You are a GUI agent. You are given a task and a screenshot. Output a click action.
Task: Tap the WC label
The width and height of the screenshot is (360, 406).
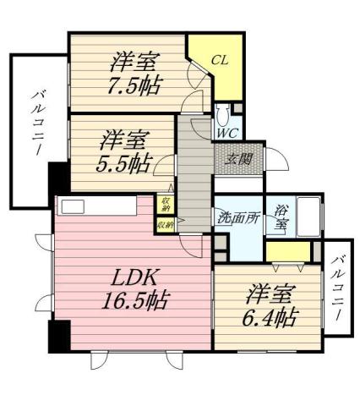(226, 132)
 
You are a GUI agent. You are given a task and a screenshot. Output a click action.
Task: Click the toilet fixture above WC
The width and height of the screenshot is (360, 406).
(224, 114)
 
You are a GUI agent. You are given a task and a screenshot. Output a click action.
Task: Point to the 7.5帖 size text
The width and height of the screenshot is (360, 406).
(134, 85)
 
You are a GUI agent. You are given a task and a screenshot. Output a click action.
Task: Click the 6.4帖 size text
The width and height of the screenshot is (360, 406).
(271, 317)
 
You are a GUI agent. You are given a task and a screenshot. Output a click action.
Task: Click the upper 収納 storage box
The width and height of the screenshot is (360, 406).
(166, 204)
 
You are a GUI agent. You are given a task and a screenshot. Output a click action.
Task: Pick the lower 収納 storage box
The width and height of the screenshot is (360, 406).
(166, 225)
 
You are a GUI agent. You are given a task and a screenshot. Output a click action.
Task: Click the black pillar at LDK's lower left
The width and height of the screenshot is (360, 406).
(58, 337)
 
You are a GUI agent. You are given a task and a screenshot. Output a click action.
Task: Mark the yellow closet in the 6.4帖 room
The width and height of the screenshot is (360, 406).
(289, 250)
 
